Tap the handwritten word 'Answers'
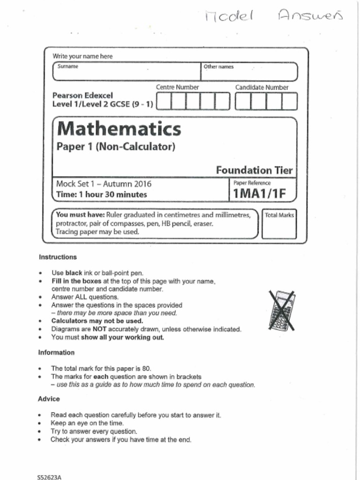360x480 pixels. [311, 16]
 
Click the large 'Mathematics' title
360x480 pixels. [119, 128]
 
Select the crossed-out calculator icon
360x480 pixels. [282, 310]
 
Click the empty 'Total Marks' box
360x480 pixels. [279, 226]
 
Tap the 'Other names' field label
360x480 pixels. [218, 67]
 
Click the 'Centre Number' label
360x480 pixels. [177, 87]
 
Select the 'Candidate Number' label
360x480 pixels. [262, 87]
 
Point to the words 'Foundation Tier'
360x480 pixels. [255, 170]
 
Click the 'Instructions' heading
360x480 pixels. [58, 257]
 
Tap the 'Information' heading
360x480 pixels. [56, 352]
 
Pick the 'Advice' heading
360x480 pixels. [49, 398]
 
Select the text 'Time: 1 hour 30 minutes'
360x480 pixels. [101, 195]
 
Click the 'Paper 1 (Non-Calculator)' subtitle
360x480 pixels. [116, 147]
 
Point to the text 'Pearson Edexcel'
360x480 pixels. [82, 95]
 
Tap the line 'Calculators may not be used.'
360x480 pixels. [97, 321]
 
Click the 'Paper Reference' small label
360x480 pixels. [252, 183]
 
